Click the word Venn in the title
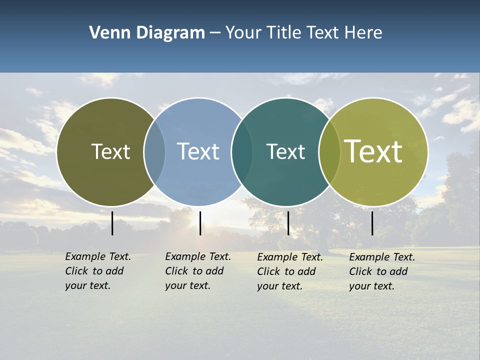click(108, 33)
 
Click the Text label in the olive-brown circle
click(110, 151)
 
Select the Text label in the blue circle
click(198, 151)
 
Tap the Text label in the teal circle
click(285, 151)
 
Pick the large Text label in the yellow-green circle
click(373, 151)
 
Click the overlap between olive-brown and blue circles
click(154, 152)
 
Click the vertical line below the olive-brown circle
click(112, 223)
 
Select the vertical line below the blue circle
click(200, 223)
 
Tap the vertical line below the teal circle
click(288, 223)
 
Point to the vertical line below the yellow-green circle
click(372, 223)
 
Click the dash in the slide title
click(215, 33)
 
